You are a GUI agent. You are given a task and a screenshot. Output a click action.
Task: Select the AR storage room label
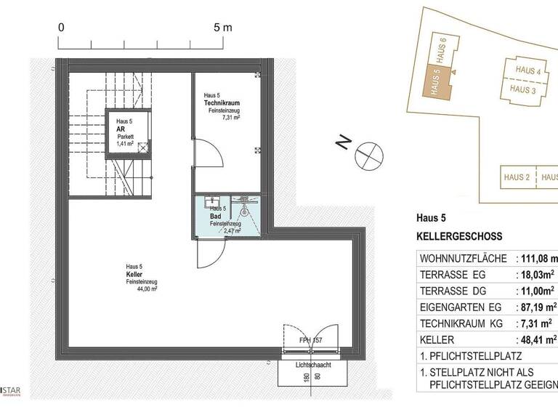pyautogui.click(x=121, y=129)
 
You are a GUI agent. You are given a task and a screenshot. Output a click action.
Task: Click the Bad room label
pyautogui.click(x=216, y=217)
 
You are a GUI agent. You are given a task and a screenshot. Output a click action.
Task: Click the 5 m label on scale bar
pyautogui.click(x=222, y=27)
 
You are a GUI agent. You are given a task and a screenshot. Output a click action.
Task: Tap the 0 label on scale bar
pyautogui.click(x=62, y=27)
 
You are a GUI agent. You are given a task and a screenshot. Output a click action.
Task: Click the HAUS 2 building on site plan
pyautogui.click(x=515, y=177)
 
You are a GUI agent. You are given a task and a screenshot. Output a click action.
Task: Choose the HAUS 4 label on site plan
pyautogui.click(x=528, y=70)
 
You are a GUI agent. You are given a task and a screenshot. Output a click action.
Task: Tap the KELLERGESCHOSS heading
pyautogui.click(x=458, y=237)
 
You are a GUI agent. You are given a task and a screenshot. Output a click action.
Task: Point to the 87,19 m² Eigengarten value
pyautogui.click(x=538, y=307)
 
